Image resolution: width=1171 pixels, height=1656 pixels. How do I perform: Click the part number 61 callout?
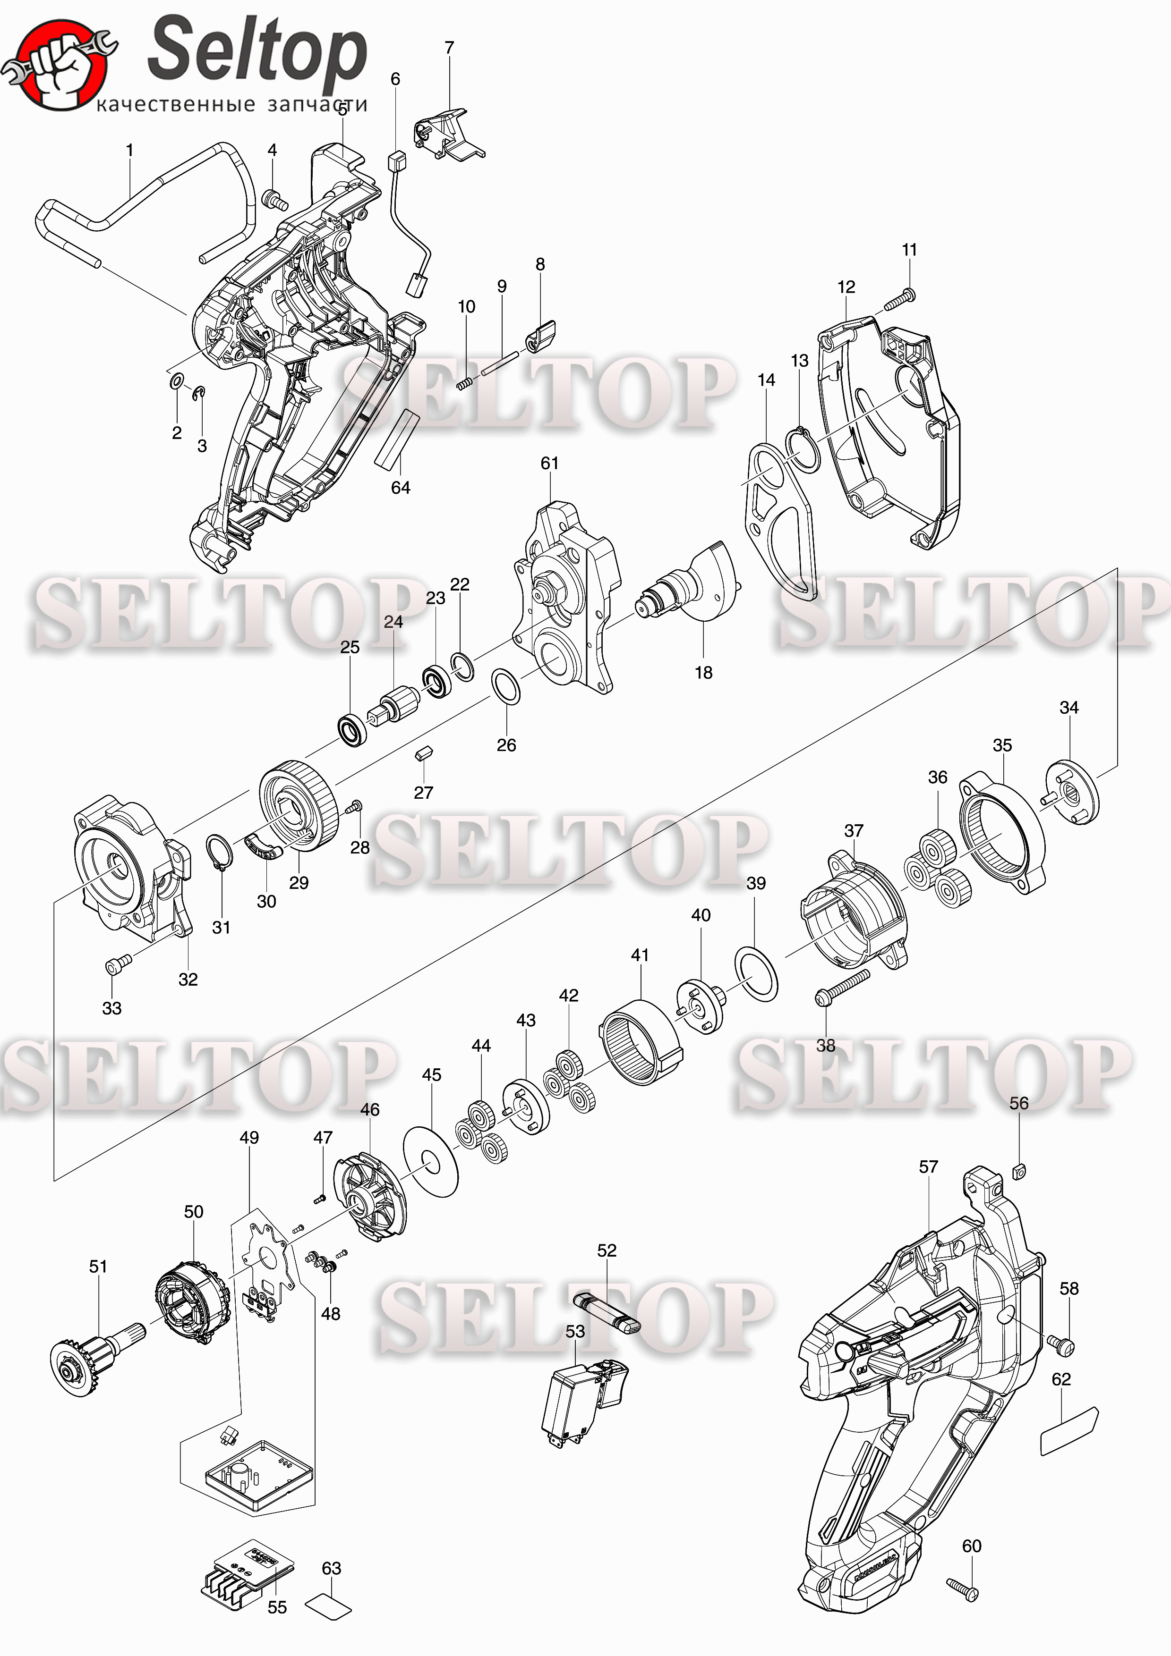[x=550, y=463]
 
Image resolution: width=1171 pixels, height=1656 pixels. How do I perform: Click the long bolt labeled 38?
[x=842, y=988]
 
